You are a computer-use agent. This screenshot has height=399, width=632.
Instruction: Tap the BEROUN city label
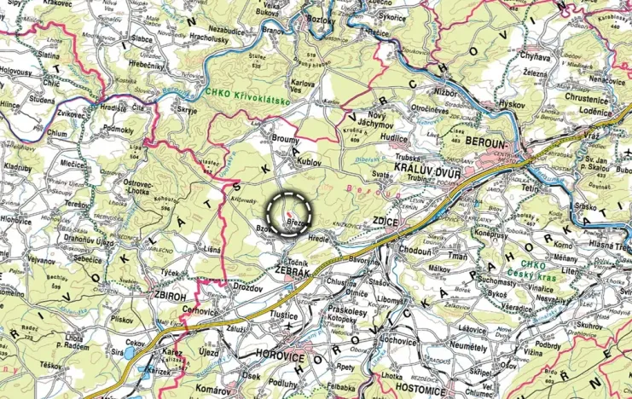[x=495, y=141]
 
